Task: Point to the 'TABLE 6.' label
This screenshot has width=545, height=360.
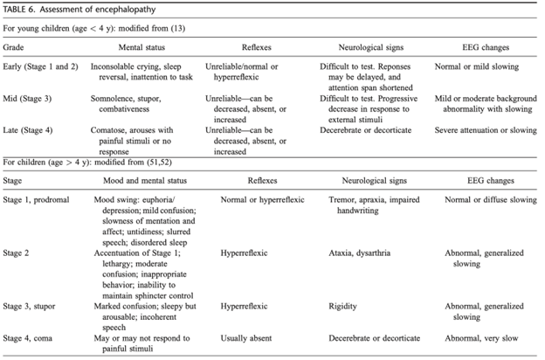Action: pyautogui.click(x=19, y=9)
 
